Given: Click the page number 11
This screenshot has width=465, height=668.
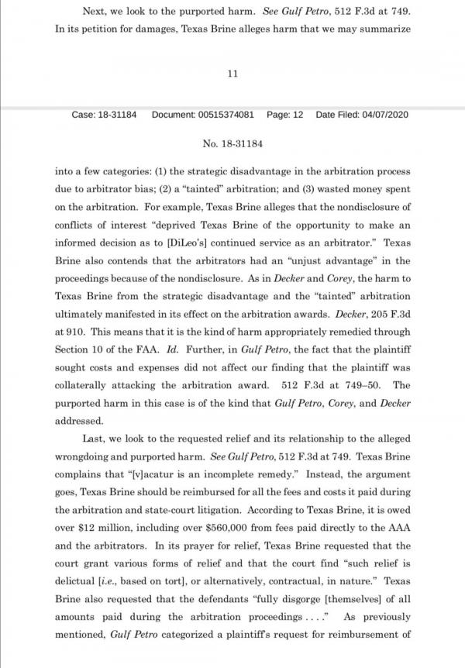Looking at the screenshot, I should pyautogui.click(x=232, y=73).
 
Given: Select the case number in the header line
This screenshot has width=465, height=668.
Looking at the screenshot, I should pyautogui.click(x=104, y=115).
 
